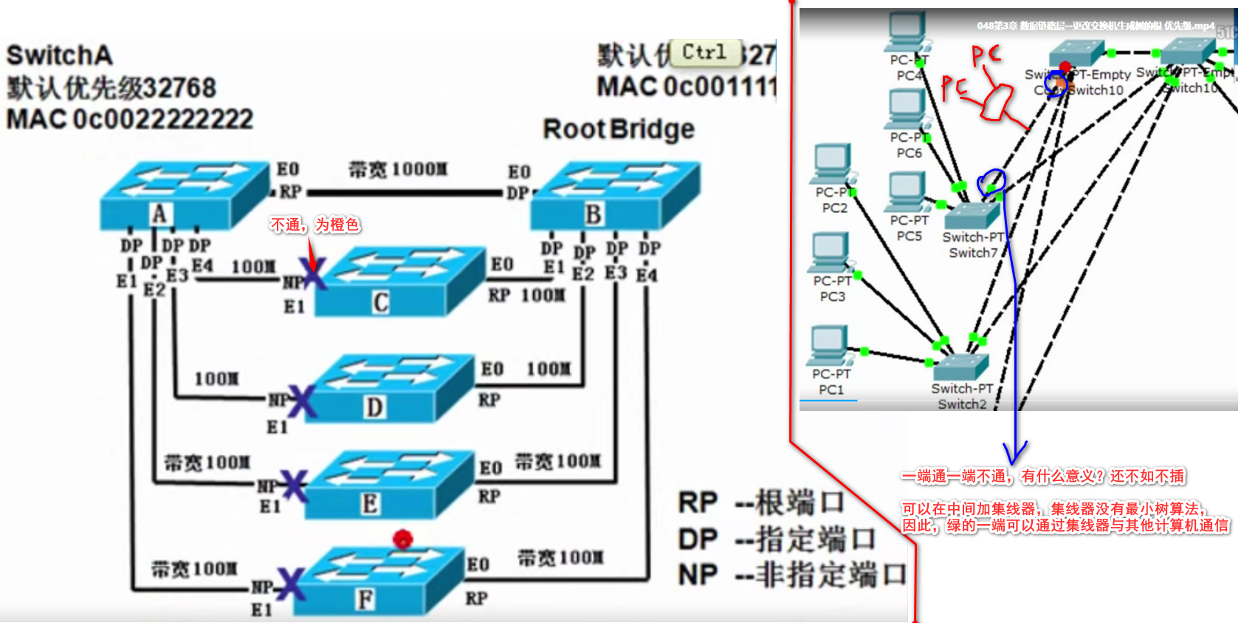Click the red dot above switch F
tap(402, 539)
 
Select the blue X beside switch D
tap(301, 401)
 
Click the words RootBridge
tap(619, 129)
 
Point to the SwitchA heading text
tap(59, 55)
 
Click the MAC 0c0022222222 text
tap(130, 119)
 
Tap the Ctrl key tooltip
tap(705, 52)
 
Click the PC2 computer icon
tap(833, 164)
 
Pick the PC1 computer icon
tap(830, 345)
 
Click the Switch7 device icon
tap(972, 214)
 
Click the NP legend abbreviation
tap(698, 575)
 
